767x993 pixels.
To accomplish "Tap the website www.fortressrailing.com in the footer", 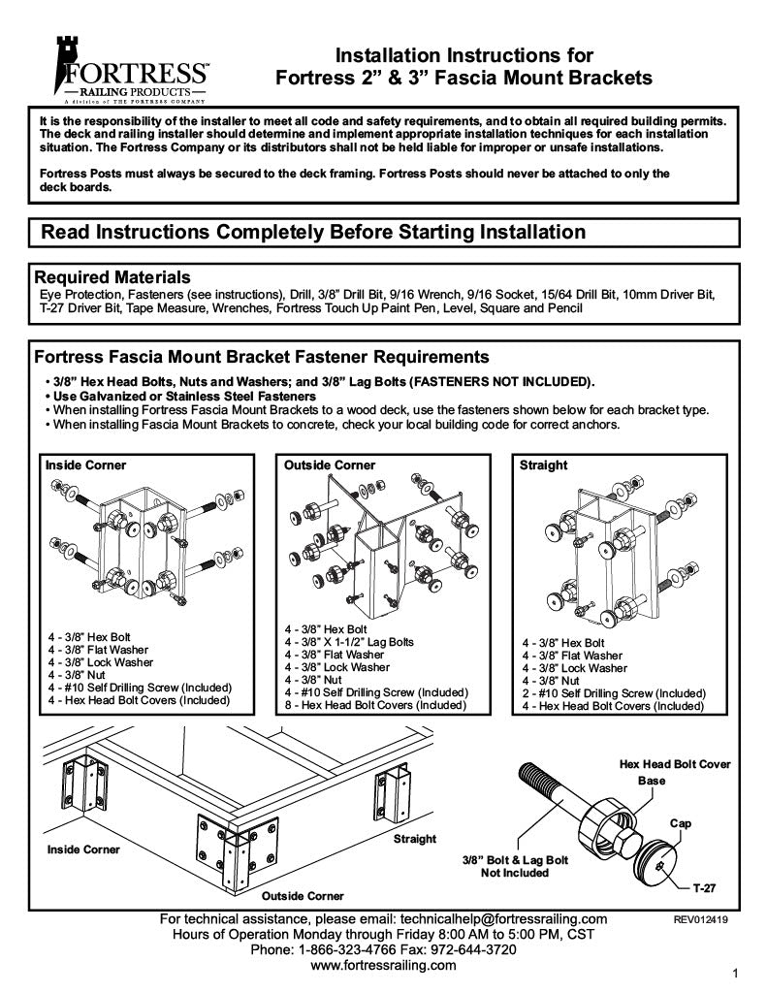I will coord(383,966).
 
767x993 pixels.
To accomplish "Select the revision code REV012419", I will coord(704,919).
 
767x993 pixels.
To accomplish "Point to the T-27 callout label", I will coord(704,887).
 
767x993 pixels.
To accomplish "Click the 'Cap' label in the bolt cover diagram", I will coord(681,823).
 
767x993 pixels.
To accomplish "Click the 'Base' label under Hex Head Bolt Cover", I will coord(652,781).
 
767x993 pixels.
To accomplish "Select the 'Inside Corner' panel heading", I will coord(85,465).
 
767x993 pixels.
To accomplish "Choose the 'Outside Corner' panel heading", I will coord(330,465).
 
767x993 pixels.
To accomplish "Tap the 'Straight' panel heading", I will coord(544,465).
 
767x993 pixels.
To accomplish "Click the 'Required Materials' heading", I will coord(112,277).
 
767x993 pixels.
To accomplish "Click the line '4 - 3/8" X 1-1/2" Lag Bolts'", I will coord(349,642).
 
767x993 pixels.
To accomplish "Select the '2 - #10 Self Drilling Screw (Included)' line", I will coord(613,693).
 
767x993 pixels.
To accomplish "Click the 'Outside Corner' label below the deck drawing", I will coord(303,896).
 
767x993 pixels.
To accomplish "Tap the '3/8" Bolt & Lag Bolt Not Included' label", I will coord(514,866).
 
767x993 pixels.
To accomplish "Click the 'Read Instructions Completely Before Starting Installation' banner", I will coord(313,233).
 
